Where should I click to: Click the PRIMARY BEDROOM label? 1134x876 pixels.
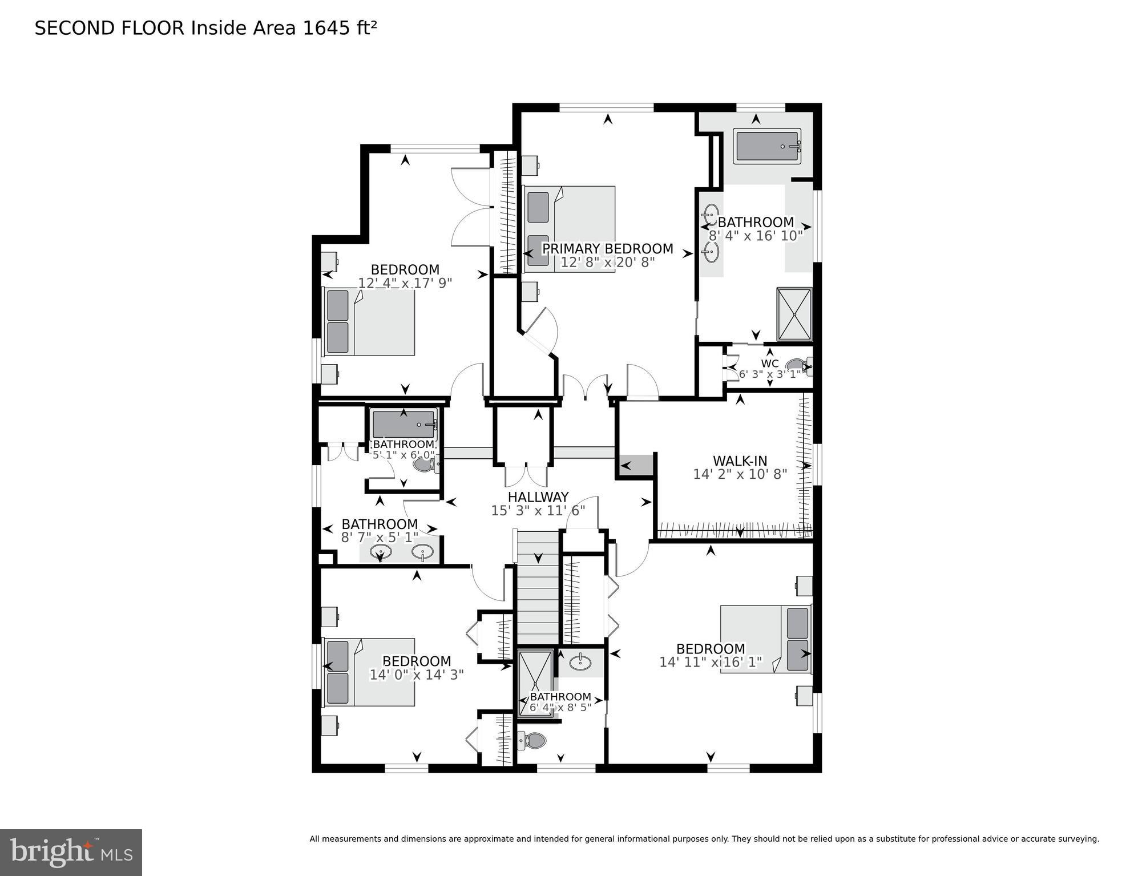click(607, 249)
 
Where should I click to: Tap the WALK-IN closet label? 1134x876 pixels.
click(740, 461)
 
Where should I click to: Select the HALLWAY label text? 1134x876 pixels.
click(538, 496)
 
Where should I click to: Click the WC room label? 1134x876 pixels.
click(769, 364)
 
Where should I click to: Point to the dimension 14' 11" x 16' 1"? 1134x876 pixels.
click(710, 662)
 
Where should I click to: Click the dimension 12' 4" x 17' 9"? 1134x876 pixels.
click(405, 282)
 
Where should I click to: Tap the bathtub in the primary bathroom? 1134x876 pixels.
click(766, 147)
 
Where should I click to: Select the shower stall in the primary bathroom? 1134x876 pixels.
click(794, 314)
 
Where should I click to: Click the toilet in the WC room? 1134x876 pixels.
click(797, 366)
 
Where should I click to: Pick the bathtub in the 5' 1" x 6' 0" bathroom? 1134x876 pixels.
click(403, 424)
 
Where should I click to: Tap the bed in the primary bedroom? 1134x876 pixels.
click(570, 228)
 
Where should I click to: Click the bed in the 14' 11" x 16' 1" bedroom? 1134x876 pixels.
click(765, 639)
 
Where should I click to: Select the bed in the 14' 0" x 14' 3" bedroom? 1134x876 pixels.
click(369, 672)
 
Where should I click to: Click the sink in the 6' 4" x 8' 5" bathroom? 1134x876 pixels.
click(580, 663)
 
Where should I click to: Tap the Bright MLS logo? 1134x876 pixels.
click(71, 852)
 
